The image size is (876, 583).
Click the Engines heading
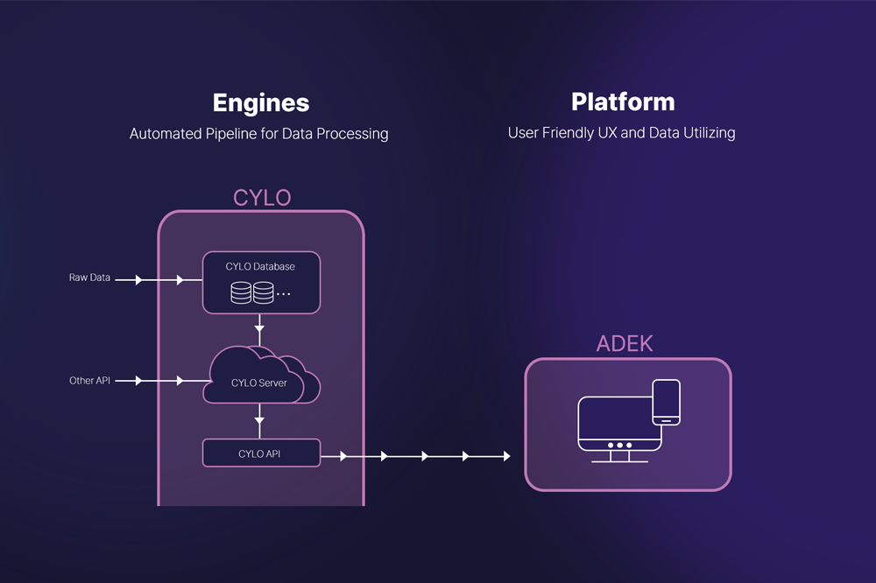(x=261, y=102)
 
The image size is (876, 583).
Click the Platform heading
(x=623, y=102)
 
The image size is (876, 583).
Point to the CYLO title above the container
(x=261, y=198)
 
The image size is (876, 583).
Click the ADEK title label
(x=625, y=343)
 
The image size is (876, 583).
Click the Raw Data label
(x=89, y=277)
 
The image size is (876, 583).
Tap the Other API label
(x=90, y=381)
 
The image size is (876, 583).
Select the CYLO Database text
(x=260, y=266)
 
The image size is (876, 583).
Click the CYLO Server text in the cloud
(x=258, y=383)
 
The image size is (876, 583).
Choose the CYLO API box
(x=261, y=453)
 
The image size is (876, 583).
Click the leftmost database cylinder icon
(x=241, y=292)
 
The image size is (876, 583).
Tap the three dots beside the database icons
(x=284, y=294)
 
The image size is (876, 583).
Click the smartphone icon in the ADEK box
(x=667, y=402)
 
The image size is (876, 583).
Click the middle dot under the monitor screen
(x=619, y=445)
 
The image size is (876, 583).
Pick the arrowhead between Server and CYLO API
(x=259, y=421)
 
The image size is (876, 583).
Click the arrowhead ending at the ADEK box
(x=505, y=456)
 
